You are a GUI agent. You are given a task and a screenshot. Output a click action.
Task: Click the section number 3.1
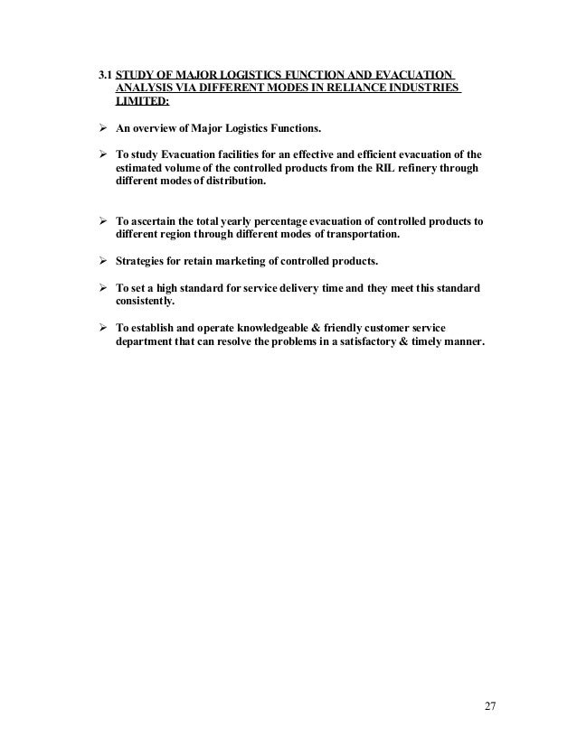tap(105, 73)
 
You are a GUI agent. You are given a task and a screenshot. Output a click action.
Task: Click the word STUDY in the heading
tap(137, 73)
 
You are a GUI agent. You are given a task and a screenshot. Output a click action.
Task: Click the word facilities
tap(238, 153)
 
